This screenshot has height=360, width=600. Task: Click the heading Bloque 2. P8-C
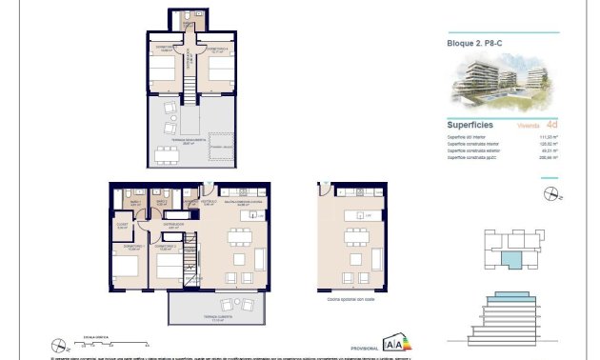point(475,43)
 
